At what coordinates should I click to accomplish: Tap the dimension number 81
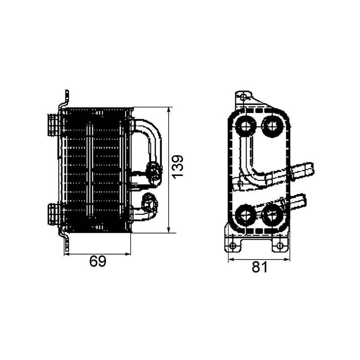259,267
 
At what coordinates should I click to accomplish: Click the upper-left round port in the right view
246,126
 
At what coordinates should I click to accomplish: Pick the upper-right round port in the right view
272,126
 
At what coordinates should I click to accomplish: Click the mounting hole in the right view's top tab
243,97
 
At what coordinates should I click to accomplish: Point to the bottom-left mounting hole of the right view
233,246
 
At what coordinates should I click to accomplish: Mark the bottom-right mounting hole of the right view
280,246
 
